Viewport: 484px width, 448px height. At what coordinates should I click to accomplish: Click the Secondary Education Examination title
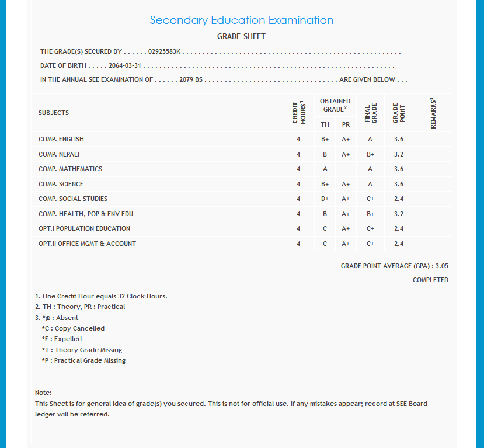[242, 20]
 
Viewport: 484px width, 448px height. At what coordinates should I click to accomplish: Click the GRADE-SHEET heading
[241, 37]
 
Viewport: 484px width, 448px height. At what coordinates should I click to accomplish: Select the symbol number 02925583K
[166, 52]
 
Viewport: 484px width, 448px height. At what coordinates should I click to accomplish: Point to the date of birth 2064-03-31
[126, 66]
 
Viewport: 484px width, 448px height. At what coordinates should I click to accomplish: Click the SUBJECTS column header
[54, 113]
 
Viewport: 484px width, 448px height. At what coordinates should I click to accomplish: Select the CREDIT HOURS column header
[298, 112]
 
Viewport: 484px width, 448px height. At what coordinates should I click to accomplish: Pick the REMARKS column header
[433, 113]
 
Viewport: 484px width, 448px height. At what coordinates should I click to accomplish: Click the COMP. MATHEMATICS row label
[70, 169]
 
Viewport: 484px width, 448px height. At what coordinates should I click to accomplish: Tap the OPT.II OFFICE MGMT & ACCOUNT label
[87, 244]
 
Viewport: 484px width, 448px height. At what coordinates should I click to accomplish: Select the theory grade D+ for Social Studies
[325, 199]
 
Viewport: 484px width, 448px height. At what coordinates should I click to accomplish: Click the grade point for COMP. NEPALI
[399, 155]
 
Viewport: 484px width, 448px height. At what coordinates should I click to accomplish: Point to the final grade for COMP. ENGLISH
[370, 140]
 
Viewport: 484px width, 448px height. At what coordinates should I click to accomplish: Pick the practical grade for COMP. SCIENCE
[346, 185]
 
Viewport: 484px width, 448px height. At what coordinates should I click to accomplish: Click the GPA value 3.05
[442, 266]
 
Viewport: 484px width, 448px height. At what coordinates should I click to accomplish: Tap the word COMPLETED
[430, 280]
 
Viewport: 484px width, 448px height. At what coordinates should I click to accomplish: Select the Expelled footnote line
[62, 339]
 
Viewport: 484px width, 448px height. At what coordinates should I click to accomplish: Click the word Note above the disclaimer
[43, 393]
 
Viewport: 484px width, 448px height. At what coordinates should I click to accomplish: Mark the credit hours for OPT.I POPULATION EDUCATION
[298, 229]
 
